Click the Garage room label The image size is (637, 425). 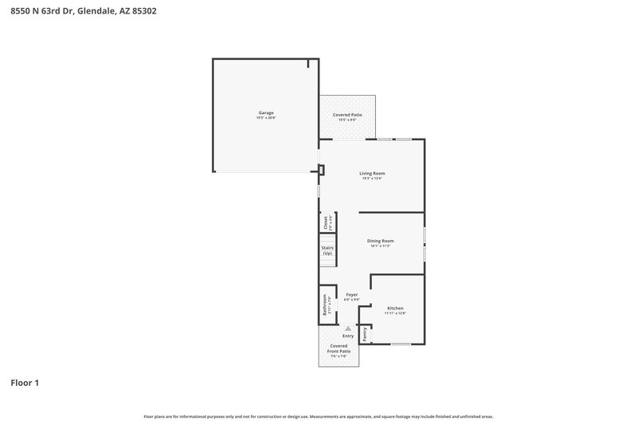[266, 112]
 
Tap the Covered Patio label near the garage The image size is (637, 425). [347, 115]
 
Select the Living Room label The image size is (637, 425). [372, 173]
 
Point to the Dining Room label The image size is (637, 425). [380, 241]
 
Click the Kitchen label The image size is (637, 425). [395, 308]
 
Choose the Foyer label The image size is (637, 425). [351, 295]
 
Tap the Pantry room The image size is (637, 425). [365, 335]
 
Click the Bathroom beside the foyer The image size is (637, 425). [325, 305]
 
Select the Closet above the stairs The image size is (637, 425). [326, 222]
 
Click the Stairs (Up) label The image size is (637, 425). [326, 250]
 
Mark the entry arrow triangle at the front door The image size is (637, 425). [347, 328]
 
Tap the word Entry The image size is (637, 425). [348, 336]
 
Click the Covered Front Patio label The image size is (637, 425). [339, 348]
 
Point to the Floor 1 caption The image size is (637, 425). [25, 383]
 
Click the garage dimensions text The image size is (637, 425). [266, 118]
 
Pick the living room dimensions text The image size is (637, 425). [372, 179]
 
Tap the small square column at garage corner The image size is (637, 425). [321, 168]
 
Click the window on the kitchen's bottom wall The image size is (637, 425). [401, 344]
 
